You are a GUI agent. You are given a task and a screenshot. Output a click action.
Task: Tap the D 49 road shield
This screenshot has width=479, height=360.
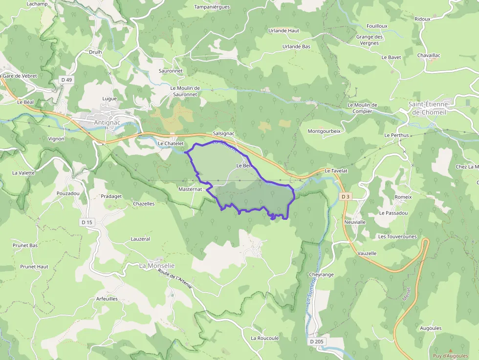point(66,80)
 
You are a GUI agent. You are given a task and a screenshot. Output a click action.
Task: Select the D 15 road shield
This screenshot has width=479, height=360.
point(86,222)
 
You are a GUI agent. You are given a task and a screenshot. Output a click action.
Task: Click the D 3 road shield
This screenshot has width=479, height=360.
point(346,196)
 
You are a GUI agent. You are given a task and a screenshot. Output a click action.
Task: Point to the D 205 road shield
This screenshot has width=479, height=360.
point(317,341)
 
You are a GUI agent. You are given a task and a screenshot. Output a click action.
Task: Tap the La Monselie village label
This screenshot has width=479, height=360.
point(157,266)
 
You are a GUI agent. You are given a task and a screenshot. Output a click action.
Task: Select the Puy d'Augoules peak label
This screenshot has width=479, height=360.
point(450,356)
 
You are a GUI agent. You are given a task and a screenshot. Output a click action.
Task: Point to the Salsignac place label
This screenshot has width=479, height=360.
point(224,133)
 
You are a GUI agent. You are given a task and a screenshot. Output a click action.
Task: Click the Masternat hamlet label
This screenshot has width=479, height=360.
point(190,189)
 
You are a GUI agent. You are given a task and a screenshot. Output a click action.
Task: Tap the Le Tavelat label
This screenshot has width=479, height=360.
point(336,171)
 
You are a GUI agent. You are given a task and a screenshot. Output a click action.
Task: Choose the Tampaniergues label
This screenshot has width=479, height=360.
point(212,7)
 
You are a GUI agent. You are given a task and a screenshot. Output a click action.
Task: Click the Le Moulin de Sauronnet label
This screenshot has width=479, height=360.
point(185,91)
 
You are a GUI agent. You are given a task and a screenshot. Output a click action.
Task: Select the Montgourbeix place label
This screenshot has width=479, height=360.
point(324,131)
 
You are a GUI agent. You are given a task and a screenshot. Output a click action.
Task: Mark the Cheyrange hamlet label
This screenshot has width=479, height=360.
point(321,275)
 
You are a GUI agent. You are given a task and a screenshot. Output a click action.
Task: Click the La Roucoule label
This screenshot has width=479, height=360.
point(264,338)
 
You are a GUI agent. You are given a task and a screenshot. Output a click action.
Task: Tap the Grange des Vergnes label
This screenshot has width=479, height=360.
point(370,40)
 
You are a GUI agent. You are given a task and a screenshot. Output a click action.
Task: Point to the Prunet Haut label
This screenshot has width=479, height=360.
point(34,267)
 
